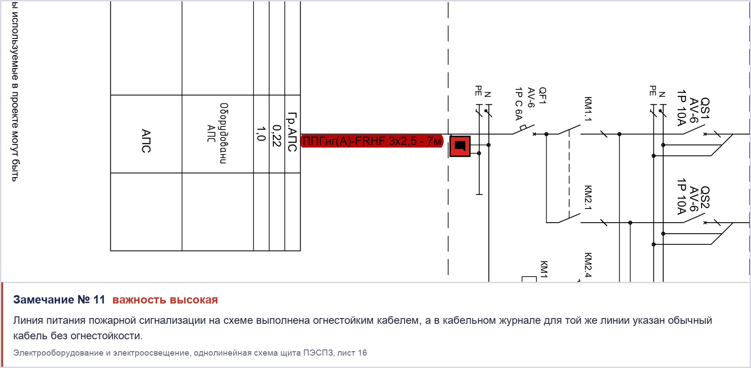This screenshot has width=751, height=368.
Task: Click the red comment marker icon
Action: (x=460, y=146)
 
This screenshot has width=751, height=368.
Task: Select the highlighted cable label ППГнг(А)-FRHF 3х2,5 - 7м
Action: (x=372, y=141)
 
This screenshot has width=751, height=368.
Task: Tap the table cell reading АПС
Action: (x=146, y=134)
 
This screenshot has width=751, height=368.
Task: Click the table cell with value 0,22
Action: (x=277, y=134)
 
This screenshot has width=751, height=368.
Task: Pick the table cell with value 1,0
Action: (x=261, y=134)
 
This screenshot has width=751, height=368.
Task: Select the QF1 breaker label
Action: (x=543, y=96)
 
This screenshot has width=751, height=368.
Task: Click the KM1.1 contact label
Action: (x=588, y=109)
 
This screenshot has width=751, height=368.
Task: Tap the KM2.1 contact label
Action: (x=588, y=197)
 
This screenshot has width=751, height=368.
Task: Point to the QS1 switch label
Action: (x=705, y=108)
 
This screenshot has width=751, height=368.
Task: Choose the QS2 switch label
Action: (x=705, y=197)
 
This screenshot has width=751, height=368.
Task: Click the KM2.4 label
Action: (x=588, y=265)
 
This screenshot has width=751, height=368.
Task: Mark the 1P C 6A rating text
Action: (x=519, y=104)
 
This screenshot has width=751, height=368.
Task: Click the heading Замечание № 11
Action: (x=59, y=300)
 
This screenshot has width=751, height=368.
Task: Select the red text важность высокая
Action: (x=165, y=300)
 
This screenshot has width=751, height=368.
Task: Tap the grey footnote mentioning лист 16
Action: (x=190, y=353)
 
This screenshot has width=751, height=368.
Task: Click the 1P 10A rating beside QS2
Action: (x=681, y=197)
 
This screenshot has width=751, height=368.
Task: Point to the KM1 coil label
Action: (x=544, y=269)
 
